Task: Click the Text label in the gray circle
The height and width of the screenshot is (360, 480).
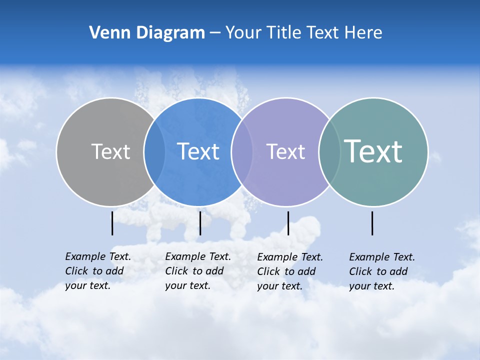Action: (x=110, y=151)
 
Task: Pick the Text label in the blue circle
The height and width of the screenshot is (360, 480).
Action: (x=198, y=151)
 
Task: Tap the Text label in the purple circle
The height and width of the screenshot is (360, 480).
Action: (x=285, y=151)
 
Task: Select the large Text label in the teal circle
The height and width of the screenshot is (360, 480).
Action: (x=373, y=151)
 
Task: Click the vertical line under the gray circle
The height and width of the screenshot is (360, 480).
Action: (x=112, y=223)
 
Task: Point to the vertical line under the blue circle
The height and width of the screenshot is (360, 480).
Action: (x=200, y=223)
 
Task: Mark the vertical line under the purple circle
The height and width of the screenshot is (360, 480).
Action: (x=288, y=223)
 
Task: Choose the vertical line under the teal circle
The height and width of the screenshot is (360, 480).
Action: (x=372, y=223)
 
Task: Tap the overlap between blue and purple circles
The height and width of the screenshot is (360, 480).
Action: (x=241, y=152)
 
